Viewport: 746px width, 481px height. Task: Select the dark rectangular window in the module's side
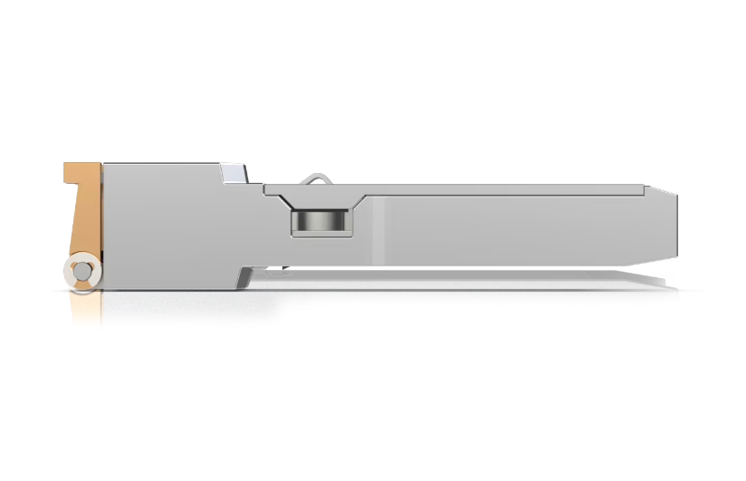coord(320,220)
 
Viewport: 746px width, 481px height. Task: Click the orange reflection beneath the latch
coord(86,308)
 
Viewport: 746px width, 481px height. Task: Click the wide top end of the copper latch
coord(81,171)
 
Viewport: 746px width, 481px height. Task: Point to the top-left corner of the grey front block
coord(105,166)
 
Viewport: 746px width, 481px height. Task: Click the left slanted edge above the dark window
coord(282,198)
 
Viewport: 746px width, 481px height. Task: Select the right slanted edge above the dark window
coord(358,198)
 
